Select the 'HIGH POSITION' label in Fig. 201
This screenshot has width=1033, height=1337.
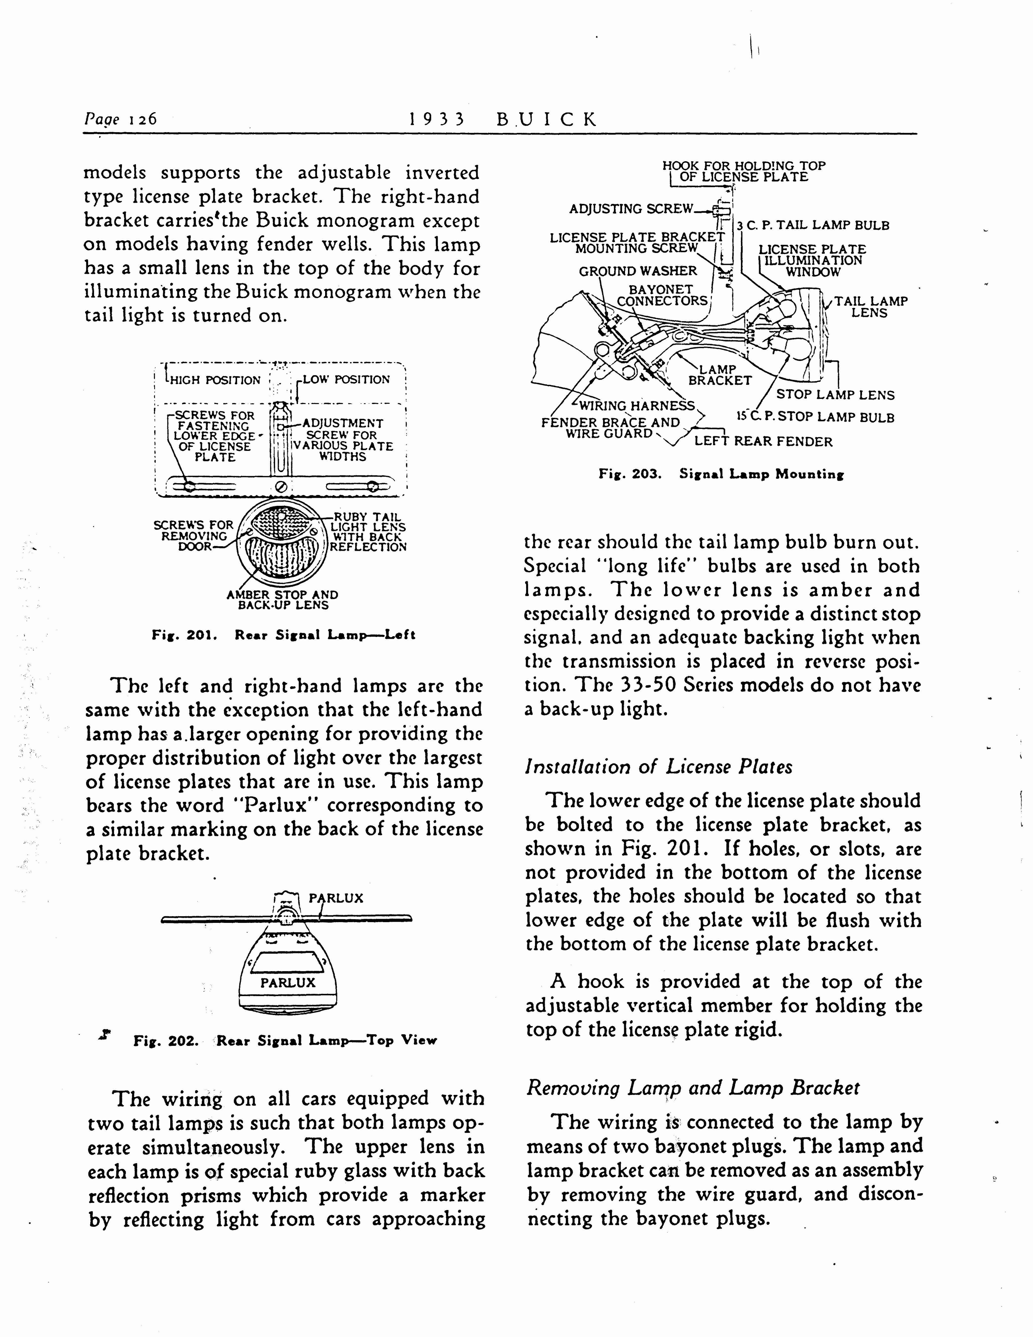click(215, 380)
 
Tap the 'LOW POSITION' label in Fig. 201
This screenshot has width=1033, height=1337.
click(346, 380)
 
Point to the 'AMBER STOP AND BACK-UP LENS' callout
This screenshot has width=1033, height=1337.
click(282, 600)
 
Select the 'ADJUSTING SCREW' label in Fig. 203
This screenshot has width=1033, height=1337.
click(631, 209)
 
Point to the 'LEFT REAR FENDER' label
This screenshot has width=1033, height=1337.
click(763, 441)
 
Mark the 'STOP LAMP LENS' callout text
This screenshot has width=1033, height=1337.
click(835, 395)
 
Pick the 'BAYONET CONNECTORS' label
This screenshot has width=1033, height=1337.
click(662, 295)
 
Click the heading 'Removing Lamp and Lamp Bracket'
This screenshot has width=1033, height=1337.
click(693, 1088)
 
